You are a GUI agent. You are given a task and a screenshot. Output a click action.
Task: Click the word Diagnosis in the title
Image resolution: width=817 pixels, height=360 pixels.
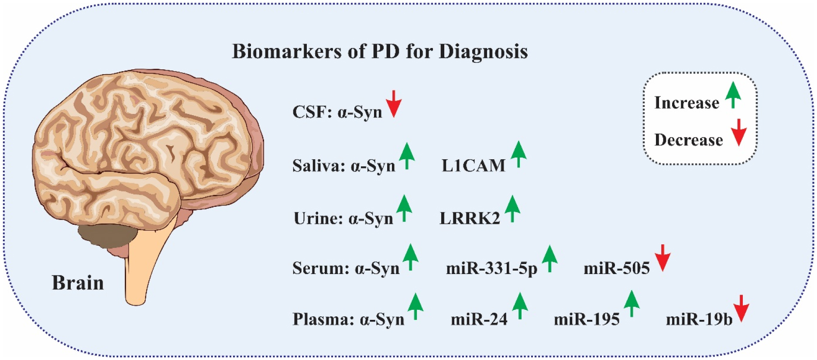[x=483, y=52]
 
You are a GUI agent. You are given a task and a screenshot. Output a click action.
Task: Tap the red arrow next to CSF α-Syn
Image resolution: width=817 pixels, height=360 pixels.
[x=393, y=104]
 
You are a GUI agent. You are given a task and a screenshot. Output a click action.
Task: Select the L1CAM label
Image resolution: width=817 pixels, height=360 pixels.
[x=474, y=166]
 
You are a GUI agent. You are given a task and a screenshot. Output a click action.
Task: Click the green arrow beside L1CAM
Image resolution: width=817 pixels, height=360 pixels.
[x=518, y=154]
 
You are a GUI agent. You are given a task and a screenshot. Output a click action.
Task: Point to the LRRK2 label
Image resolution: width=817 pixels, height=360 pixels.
[x=470, y=218]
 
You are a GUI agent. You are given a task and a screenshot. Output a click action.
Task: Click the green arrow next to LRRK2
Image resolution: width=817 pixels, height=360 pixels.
[x=512, y=209]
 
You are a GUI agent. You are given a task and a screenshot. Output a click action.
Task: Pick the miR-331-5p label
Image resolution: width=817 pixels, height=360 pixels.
[x=491, y=268]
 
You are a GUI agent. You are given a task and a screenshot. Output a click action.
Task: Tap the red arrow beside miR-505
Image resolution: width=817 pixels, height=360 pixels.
[x=663, y=258]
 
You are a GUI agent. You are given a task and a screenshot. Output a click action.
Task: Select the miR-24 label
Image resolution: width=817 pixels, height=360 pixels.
[x=479, y=319]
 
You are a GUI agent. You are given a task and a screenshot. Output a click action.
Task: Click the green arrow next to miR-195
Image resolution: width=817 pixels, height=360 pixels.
[x=632, y=304]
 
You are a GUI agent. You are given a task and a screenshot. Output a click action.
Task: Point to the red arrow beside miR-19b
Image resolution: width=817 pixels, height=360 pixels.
[x=741, y=309]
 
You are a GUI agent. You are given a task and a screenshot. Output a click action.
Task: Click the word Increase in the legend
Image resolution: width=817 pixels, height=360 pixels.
[x=687, y=103]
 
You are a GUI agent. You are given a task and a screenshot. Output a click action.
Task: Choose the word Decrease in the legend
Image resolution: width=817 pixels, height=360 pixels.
[x=689, y=140]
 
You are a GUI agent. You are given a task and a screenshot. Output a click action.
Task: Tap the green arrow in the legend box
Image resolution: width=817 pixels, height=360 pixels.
[x=733, y=95]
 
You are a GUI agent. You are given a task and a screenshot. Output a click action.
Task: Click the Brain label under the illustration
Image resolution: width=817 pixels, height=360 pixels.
[x=78, y=283]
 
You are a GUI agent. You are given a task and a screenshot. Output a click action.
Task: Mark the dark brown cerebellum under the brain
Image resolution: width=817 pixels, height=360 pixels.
[x=107, y=236]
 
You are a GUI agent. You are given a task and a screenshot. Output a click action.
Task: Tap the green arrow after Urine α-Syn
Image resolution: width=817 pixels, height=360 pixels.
[x=404, y=208]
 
